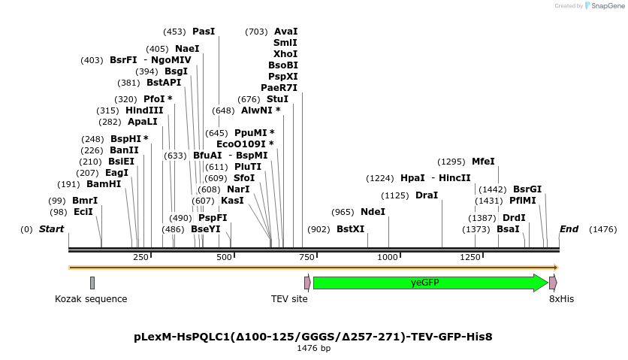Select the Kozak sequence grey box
point(92,283)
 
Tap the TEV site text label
point(289,299)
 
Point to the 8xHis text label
point(561,299)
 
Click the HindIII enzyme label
point(144,110)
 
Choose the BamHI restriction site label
point(104,184)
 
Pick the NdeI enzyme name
point(373,212)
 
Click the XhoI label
point(285,54)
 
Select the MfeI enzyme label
point(483,162)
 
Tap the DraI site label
point(427,195)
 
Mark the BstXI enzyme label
point(350,229)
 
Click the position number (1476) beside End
point(602,229)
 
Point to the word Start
point(51,229)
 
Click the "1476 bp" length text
point(313,349)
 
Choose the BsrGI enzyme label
point(527,189)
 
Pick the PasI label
point(204,32)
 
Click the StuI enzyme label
point(277,99)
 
